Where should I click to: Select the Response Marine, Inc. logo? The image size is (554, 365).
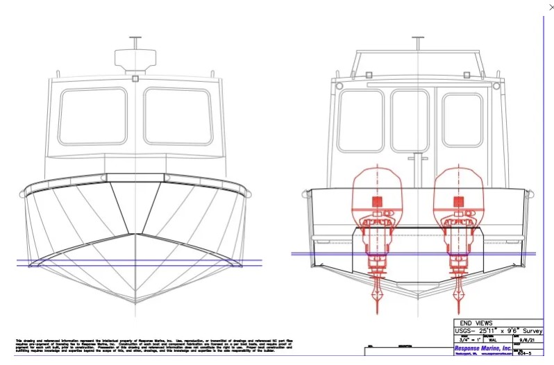(483, 348)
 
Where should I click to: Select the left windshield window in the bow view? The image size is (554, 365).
(92, 116)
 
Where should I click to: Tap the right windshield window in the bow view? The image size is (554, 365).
(178, 116)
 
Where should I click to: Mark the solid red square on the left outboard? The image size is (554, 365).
(378, 202)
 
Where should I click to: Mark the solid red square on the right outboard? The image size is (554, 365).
(458, 202)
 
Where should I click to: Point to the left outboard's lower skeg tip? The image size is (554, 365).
(378, 306)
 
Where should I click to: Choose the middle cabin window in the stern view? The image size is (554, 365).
(410, 120)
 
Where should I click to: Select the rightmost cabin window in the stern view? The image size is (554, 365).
(462, 120)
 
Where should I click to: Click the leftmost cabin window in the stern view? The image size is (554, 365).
(360, 120)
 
